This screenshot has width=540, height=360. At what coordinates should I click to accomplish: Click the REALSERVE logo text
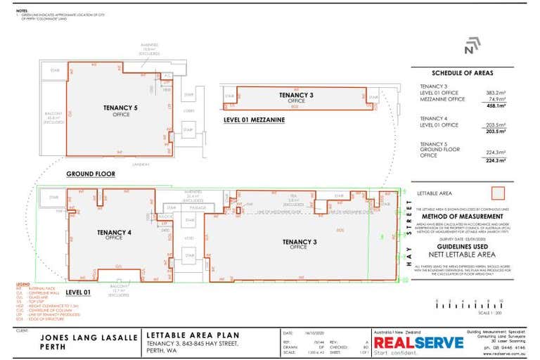click(x=419, y=342)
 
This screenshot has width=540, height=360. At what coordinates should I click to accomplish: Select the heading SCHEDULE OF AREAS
click(x=462, y=73)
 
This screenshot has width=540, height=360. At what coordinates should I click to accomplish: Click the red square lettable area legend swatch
click(x=498, y=193)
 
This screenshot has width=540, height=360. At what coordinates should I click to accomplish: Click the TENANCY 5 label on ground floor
click(x=116, y=108)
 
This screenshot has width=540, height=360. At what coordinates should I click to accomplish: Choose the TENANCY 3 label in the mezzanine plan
click(x=296, y=95)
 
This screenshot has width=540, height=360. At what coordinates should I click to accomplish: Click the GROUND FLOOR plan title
click(x=91, y=173)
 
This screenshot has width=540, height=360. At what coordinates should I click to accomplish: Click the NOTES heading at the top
click(x=21, y=11)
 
